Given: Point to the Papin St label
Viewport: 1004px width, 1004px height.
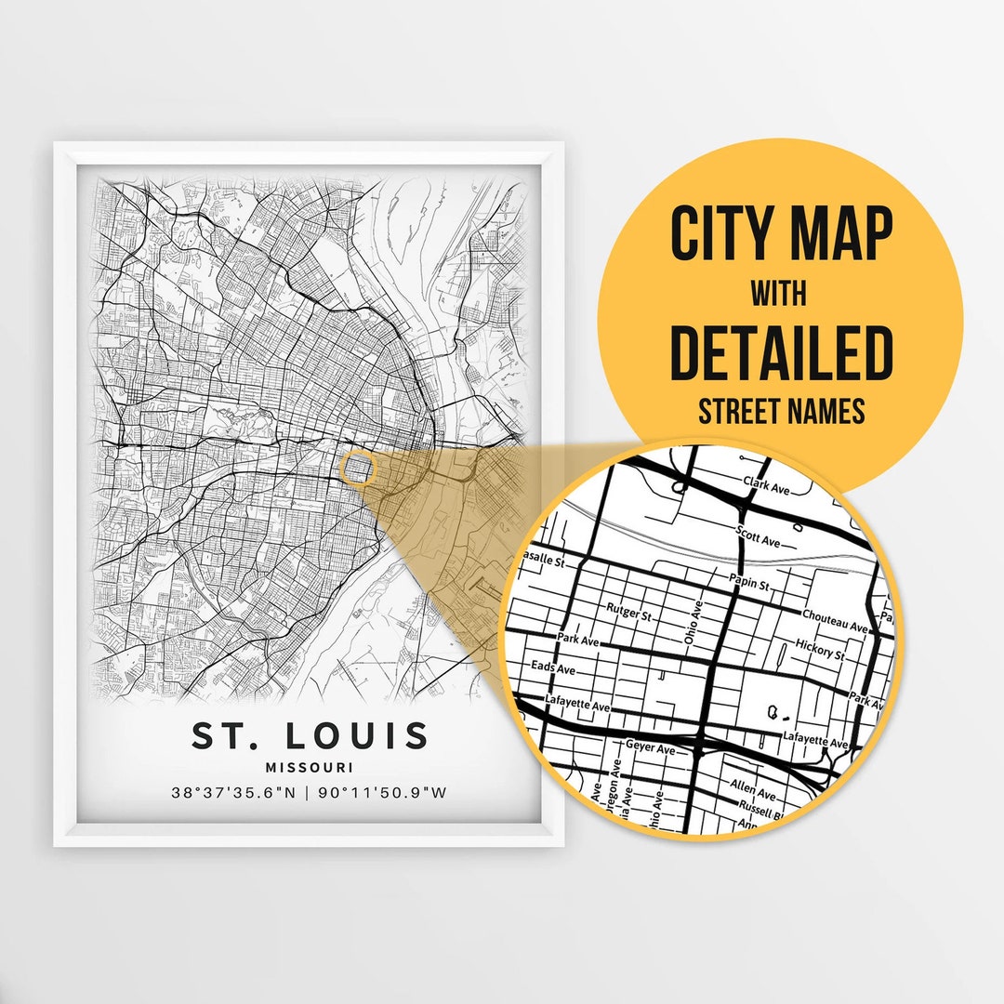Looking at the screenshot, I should point(751,585).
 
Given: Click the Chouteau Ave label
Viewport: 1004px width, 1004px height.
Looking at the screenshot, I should point(834,621).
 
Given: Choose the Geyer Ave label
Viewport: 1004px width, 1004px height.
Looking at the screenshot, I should point(650,747).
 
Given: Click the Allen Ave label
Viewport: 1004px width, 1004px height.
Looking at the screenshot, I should point(753,790).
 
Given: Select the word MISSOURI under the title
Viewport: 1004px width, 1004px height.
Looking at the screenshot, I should point(310,768).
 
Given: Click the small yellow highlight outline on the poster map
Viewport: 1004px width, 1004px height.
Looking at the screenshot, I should point(359,468).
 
